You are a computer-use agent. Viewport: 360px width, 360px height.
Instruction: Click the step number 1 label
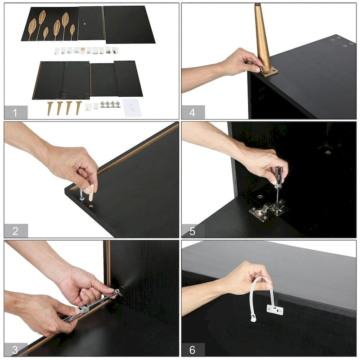[15, 113]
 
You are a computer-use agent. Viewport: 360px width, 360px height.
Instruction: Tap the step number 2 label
[15, 231]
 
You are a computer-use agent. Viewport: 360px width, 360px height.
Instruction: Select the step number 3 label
[15, 350]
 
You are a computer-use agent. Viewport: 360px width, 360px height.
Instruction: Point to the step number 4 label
[193, 112]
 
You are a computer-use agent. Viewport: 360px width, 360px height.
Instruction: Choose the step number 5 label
[193, 231]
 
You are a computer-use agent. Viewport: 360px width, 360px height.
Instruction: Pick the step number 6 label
[193, 350]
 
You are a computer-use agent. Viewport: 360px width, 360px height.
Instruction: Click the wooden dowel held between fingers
[91, 193]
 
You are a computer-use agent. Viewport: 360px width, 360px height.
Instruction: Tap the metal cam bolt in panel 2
[81, 195]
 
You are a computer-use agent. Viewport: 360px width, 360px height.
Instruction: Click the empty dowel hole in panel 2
[91, 207]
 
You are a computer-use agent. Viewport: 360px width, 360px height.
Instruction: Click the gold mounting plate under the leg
[269, 72]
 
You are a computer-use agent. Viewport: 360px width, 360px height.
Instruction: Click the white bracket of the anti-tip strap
[275, 310]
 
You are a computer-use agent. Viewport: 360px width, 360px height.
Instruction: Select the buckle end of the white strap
[253, 319]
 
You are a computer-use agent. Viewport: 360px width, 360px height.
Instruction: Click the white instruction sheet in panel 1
[132, 108]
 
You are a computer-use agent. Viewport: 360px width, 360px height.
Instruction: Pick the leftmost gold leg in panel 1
[50, 108]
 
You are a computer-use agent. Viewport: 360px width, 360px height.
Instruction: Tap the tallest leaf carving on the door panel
[41, 24]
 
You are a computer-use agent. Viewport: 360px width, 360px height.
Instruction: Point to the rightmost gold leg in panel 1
[78, 108]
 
